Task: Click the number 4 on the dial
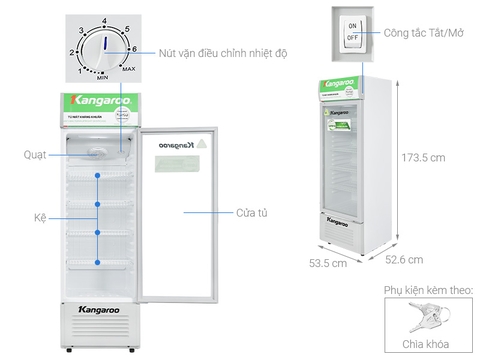tap(103, 20)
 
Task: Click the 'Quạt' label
tap(34, 154)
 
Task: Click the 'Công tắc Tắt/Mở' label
tap(420, 32)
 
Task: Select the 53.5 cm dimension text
tap(327, 265)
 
